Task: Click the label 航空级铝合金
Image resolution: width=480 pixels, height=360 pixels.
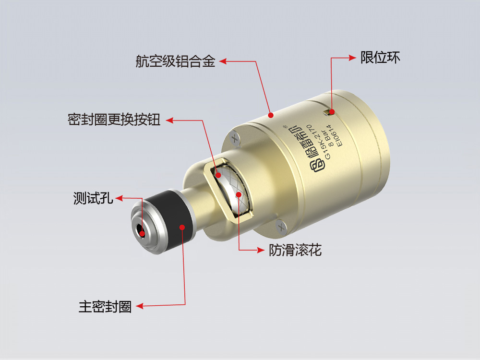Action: point(175,61)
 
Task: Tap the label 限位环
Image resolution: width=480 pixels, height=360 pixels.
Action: point(380,58)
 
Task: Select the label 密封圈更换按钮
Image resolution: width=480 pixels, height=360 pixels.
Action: point(114,120)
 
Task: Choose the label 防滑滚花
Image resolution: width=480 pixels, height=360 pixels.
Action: point(295,250)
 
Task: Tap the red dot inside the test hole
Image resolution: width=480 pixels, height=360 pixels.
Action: point(142,233)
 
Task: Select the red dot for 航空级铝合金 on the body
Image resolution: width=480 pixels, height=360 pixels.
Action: point(271,115)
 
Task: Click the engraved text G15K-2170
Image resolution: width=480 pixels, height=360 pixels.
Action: point(322,142)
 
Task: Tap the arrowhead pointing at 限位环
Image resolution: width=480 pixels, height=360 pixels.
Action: point(354,58)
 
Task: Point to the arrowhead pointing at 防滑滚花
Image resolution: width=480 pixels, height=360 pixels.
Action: point(261,250)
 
